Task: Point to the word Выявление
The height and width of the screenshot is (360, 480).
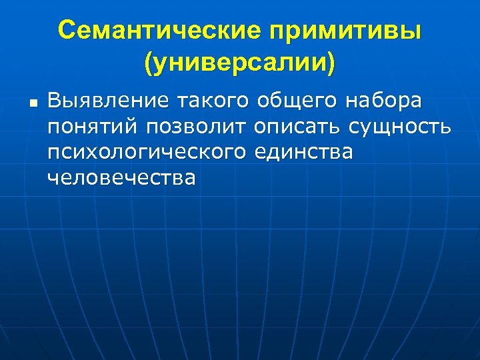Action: tap(106, 101)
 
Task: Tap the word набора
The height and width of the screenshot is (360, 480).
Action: tap(385, 101)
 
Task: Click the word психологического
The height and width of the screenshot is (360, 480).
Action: tap(147, 153)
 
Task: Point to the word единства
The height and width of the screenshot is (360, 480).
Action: tap(304, 153)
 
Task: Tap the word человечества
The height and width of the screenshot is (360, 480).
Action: tap(122, 177)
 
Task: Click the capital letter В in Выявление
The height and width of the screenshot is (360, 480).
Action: tap(54, 101)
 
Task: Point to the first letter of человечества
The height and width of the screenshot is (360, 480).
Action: tap(53, 178)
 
